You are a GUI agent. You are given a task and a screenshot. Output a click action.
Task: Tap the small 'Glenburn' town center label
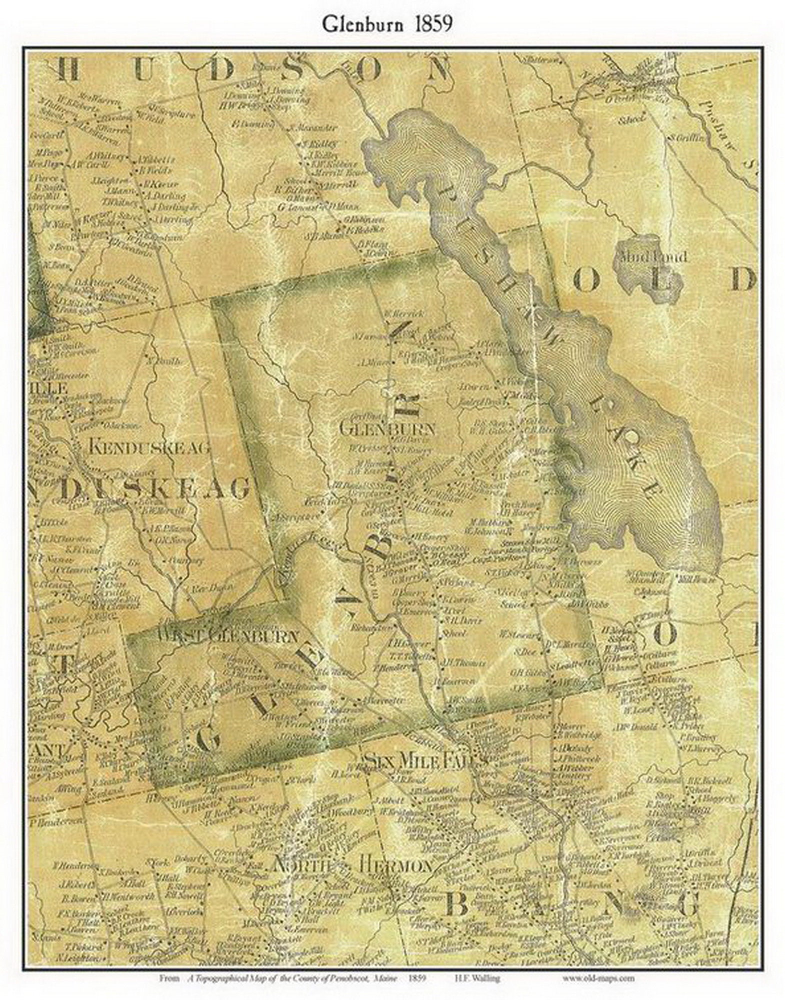pos(387,429)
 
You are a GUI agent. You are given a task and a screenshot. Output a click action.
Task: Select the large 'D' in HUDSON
pos(220,70)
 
